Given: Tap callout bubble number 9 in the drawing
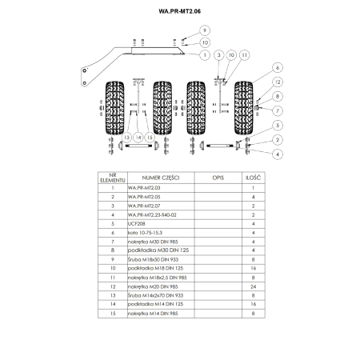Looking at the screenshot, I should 205,30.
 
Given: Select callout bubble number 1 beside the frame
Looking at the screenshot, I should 206,54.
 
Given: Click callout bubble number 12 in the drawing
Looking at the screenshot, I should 278,82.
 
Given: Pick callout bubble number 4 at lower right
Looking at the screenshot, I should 278,153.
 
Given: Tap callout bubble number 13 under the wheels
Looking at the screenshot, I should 126,138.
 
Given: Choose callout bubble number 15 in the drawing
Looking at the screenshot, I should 150,138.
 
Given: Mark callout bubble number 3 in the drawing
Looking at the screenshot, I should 218,54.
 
